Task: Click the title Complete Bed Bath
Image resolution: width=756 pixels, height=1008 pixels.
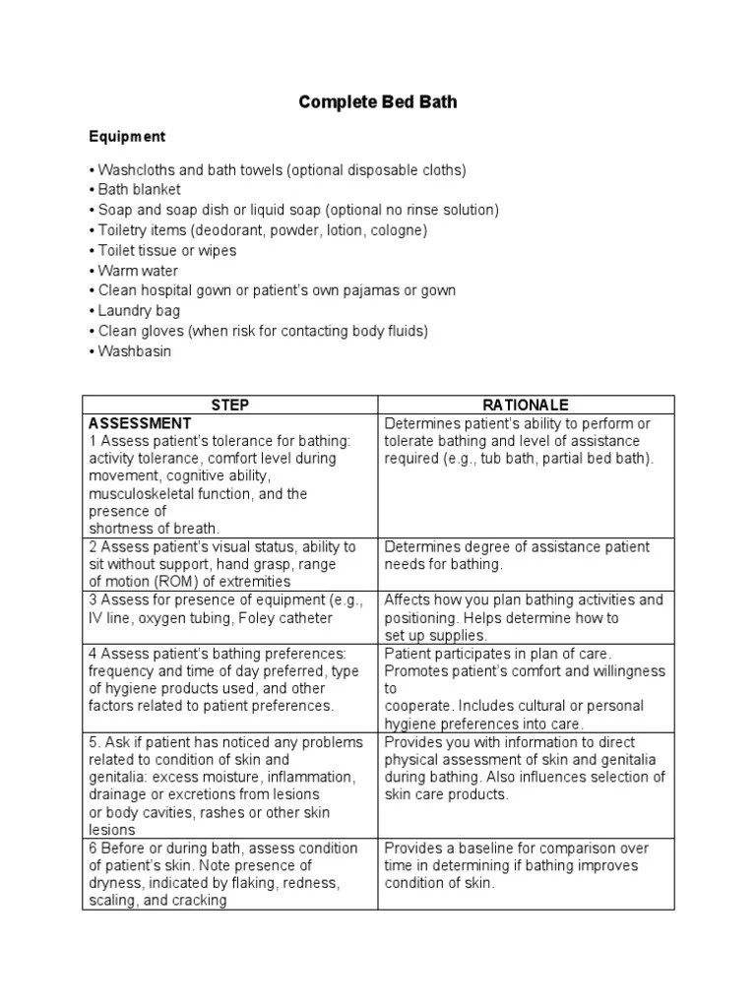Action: pyautogui.click(x=378, y=102)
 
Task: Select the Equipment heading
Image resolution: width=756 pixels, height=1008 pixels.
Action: pyautogui.click(x=128, y=137)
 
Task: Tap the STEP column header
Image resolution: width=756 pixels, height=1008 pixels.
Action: pyautogui.click(x=229, y=406)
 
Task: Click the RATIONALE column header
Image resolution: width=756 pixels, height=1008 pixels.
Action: pyautogui.click(x=526, y=406)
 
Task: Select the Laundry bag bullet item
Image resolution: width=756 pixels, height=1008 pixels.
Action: pyautogui.click(x=139, y=311)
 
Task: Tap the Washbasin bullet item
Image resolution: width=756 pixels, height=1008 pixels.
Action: pyautogui.click(x=135, y=351)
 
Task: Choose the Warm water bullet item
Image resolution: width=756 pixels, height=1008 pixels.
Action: pyautogui.click(x=139, y=271)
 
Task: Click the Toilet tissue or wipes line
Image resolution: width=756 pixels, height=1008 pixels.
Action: pyautogui.click(x=167, y=250)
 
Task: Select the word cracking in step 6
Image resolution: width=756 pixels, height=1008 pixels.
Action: pyautogui.click(x=197, y=901)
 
